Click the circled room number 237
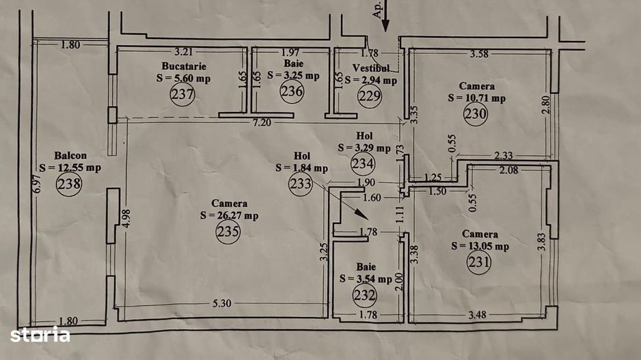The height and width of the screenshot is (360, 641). point(182,94)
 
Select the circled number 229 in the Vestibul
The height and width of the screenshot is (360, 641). point(370,95)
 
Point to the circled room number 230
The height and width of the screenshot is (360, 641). point(476,114)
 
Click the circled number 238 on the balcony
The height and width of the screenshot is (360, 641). point(69,183)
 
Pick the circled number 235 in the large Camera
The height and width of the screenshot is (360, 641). point(228,232)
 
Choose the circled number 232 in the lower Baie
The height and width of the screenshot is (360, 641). point(365,295)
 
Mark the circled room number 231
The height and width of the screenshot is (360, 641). point(479,262)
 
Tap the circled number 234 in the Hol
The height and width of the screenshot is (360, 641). point(363,163)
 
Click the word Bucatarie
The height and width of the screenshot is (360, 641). point(183,66)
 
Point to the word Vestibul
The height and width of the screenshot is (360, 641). point(371,68)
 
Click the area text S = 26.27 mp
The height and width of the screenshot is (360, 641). point(229,215)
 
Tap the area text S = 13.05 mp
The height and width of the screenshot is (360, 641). point(480,245)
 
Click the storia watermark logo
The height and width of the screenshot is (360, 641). point(40,335)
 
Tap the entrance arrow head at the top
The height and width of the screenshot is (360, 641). point(385,27)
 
